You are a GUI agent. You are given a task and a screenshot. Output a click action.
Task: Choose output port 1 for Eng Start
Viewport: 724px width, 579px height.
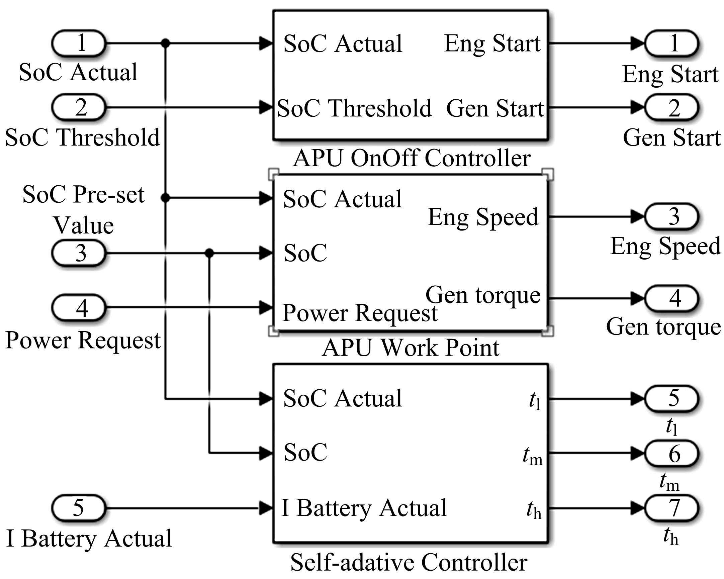tap(671, 43)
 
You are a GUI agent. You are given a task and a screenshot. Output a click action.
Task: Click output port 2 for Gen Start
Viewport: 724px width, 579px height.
tap(671, 107)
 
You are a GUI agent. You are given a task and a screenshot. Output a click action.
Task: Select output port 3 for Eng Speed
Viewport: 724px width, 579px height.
tap(671, 216)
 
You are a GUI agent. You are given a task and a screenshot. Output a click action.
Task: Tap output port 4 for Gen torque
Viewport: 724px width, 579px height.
tap(671, 298)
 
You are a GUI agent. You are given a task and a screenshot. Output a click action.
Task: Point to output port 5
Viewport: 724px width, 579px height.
tap(671, 399)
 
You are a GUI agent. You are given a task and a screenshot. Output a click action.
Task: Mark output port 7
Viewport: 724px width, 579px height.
tap(671, 508)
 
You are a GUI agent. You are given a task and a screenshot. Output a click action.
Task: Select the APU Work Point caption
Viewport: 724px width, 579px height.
tap(411, 348)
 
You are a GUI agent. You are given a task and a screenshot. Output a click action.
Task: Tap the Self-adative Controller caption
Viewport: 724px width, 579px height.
tap(409, 563)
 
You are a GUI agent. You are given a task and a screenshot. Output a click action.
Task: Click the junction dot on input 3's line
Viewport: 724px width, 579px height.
tap(209, 253)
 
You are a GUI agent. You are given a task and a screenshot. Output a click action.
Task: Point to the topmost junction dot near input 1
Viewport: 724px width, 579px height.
tap(165, 43)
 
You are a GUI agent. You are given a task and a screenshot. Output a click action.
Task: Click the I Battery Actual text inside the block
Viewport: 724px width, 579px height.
tap(364, 508)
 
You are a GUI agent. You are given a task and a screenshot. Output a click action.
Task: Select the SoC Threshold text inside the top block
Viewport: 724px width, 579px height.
tap(354, 108)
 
